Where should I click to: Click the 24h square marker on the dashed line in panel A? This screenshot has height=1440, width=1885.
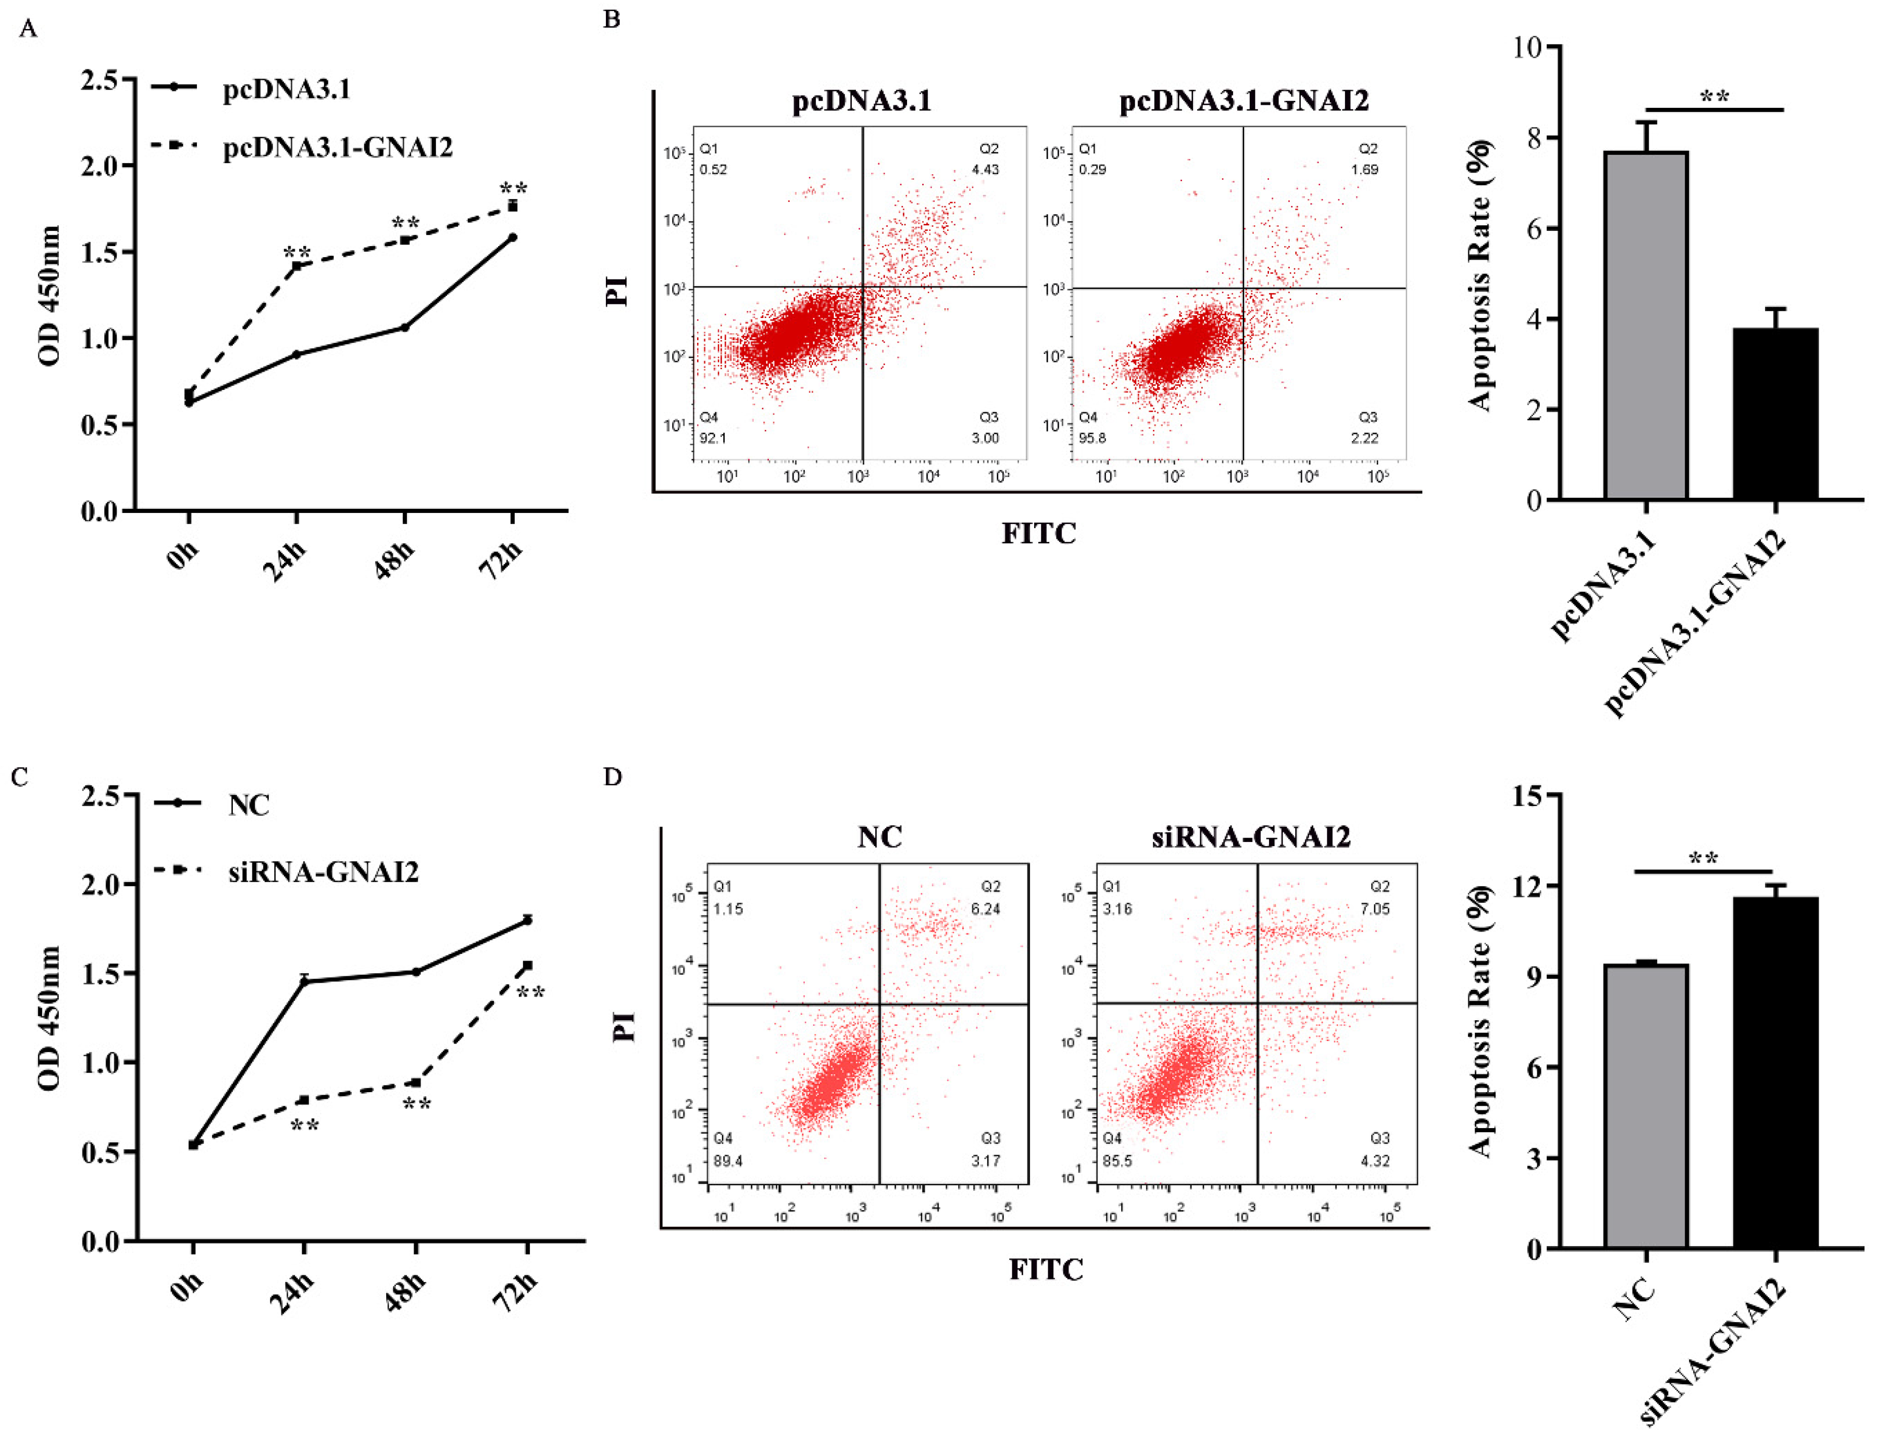pyautogui.click(x=297, y=266)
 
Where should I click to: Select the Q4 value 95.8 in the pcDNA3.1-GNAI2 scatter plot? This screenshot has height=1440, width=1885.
pyautogui.click(x=1092, y=438)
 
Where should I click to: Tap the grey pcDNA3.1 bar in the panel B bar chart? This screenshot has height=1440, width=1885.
pyautogui.click(x=1646, y=326)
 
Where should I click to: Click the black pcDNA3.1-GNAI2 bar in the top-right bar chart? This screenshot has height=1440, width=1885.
pyautogui.click(x=1775, y=414)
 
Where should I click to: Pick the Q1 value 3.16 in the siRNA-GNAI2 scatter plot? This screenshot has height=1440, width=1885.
pyautogui.click(x=1117, y=908)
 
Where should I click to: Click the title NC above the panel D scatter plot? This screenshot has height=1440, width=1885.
pyautogui.click(x=880, y=836)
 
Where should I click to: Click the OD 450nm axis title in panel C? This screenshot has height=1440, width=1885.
pyautogui.click(x=50, y=1018)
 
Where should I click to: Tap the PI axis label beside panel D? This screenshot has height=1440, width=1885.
pyautogui.click(x=626, y=1026)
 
